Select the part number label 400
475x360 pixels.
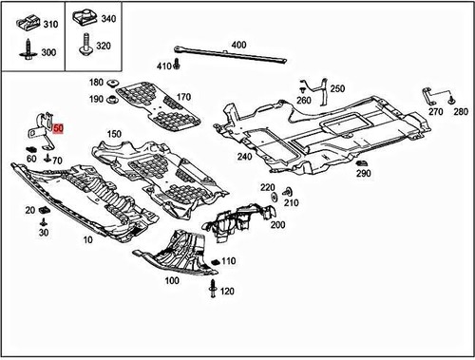pyautogui.click(x=237, y=45)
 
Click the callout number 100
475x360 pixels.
pyautogui.click(x=171, y=281)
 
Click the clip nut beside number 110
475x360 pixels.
pyautogui.click(x=215, y=261)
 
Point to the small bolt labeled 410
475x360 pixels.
pyautogui.click(x=176, y=66)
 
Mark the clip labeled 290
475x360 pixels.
pyautogui.click(x=362, y=162)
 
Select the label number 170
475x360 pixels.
pyautogui.click(x=182, y=97)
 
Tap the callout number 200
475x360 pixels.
pyautogui.click(x=277, y=224)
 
